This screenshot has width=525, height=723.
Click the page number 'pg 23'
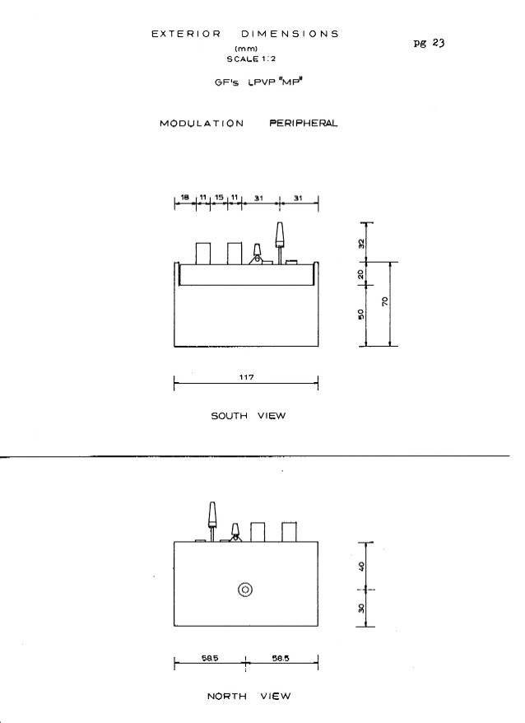429,44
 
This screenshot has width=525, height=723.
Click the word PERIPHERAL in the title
304,124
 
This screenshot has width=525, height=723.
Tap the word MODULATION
202,124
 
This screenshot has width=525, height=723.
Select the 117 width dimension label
247,377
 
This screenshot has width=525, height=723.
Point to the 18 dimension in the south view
185,198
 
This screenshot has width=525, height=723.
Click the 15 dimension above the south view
219,198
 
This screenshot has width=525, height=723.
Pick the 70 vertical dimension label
385,301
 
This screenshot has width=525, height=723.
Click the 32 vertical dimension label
361,244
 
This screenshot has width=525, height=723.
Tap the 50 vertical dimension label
361,315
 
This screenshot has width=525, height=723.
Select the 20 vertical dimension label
361,275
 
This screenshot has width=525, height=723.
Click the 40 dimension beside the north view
361,566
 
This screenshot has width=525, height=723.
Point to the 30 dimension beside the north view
361,609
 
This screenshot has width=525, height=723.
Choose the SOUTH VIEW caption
249,416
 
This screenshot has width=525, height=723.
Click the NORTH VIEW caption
249,697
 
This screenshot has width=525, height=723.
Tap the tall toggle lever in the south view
279,243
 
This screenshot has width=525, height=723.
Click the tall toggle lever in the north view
212,521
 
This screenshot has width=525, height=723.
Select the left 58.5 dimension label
210,659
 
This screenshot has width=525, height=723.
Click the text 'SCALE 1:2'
251,59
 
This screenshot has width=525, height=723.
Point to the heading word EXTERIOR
186,34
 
